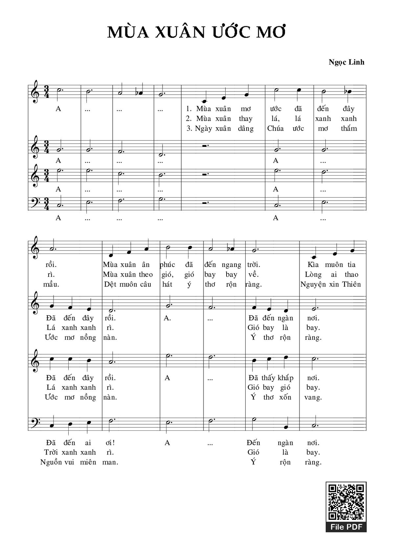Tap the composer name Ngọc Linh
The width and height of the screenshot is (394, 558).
coord(346,62)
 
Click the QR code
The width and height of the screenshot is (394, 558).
coord(346,501)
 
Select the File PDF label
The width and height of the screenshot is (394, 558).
coord(346,527)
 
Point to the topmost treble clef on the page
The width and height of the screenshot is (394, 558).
coord(35,92)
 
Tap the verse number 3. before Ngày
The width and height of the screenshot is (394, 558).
coord(189,129)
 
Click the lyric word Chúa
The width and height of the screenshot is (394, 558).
coord(275,129)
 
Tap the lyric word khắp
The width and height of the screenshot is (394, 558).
coord(285,378)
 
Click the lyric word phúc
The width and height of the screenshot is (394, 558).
coord(167,265)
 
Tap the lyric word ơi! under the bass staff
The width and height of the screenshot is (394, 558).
coord(110,443)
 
